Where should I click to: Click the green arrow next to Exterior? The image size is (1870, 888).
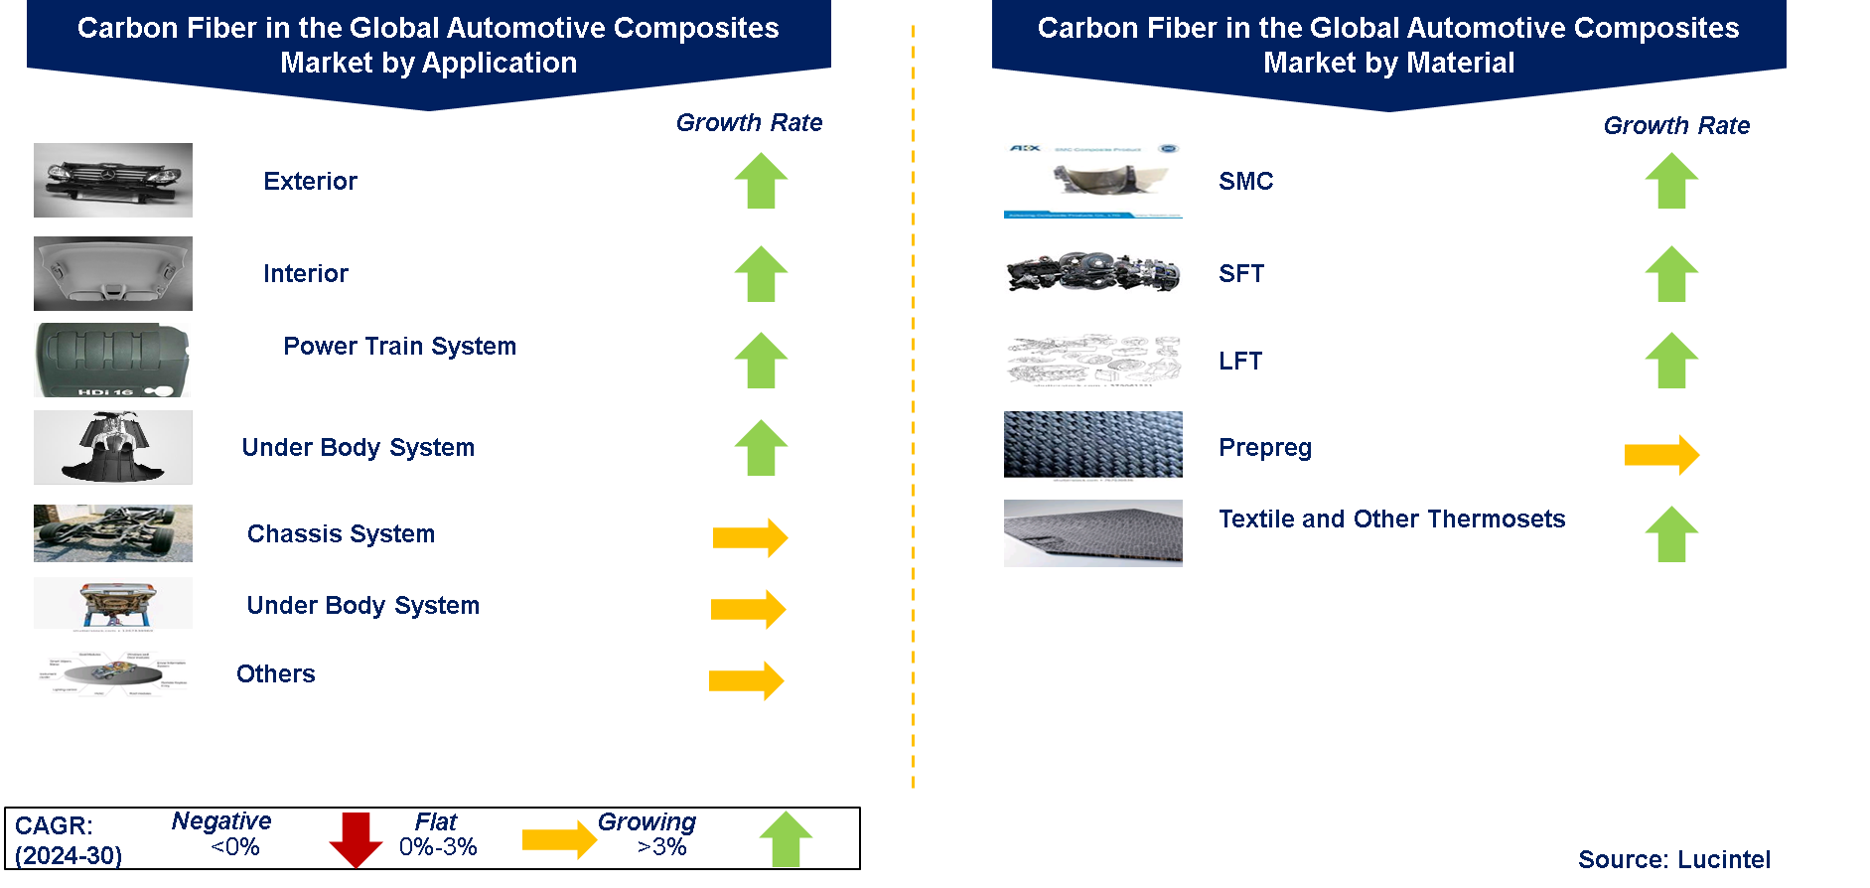[761, 180]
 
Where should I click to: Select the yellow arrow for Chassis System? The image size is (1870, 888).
[750, 537]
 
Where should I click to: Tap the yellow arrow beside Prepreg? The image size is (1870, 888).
[1661, 455]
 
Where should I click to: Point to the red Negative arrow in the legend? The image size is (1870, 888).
[356, 839]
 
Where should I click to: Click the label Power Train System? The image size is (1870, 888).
[399, 347]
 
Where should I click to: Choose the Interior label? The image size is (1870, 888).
[306, 274]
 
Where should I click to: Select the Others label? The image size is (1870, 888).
[276, 674]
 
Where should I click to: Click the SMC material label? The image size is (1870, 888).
[1245, 182]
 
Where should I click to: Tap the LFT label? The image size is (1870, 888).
[1240, 362]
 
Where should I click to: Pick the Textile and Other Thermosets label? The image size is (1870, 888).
[1391, 519]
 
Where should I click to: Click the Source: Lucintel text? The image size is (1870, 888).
[1674, 860]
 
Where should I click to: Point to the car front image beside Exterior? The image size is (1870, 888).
[113, 181]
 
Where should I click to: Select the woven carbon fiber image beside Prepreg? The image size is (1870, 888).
[1092, 446]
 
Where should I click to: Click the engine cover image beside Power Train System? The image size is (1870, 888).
[112, 360]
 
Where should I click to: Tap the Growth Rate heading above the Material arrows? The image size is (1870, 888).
[1676, 126]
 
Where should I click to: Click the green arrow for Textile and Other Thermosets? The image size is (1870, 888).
[1671, 534]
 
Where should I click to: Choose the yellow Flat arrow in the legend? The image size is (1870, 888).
[559, 839]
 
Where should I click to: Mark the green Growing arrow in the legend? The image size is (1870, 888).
[786, 839]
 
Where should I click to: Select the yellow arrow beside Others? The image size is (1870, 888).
[747, 680]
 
